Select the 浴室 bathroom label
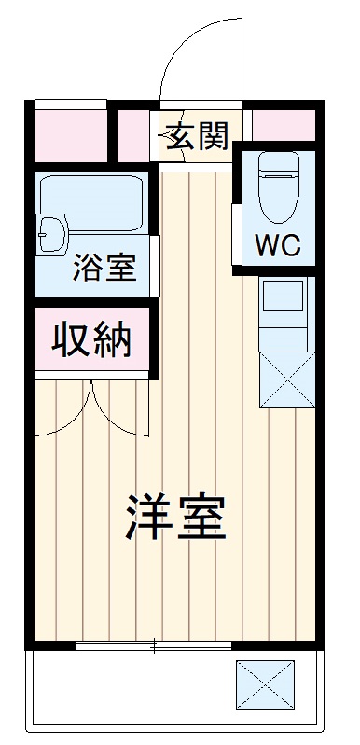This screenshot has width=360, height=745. coord(105,267)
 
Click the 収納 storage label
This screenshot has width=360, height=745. coord(91,340)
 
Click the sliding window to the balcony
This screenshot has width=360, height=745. coord(154,645)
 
